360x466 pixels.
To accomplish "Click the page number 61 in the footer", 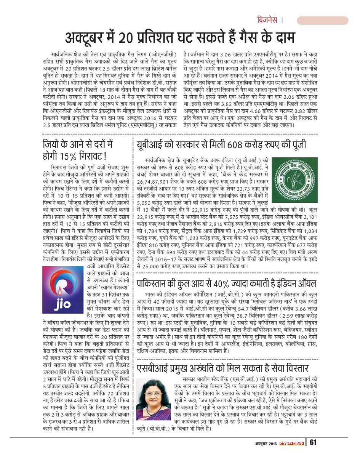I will pos(314,443).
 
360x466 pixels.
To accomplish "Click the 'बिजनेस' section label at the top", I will pos(267,20).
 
